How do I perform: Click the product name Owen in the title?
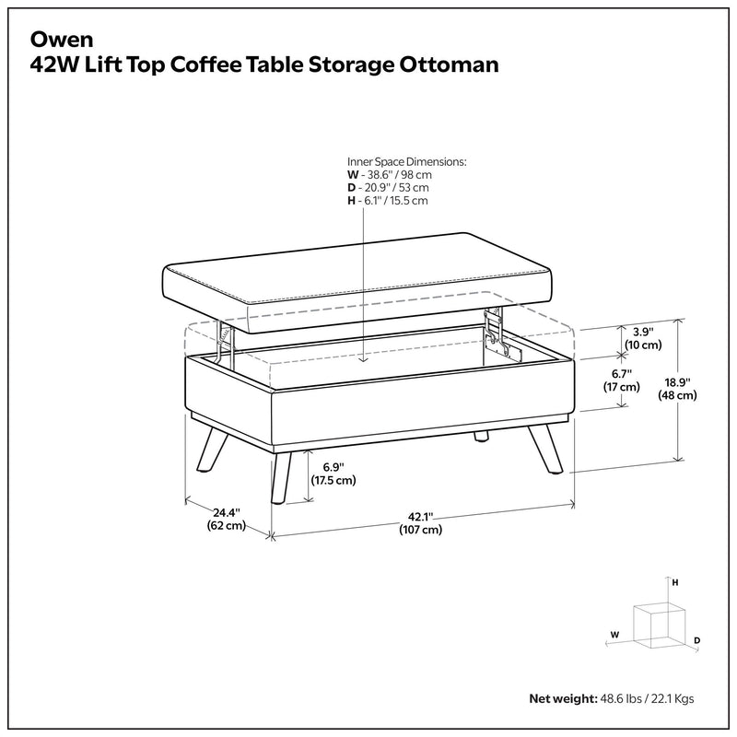click(56, 40)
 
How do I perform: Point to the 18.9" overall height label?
click(676, 387)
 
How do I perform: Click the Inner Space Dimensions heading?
click(406, 160)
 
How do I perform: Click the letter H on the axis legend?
click(675, 583)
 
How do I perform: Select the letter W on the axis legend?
click(614, 635)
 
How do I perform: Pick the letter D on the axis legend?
click(697, 639)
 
